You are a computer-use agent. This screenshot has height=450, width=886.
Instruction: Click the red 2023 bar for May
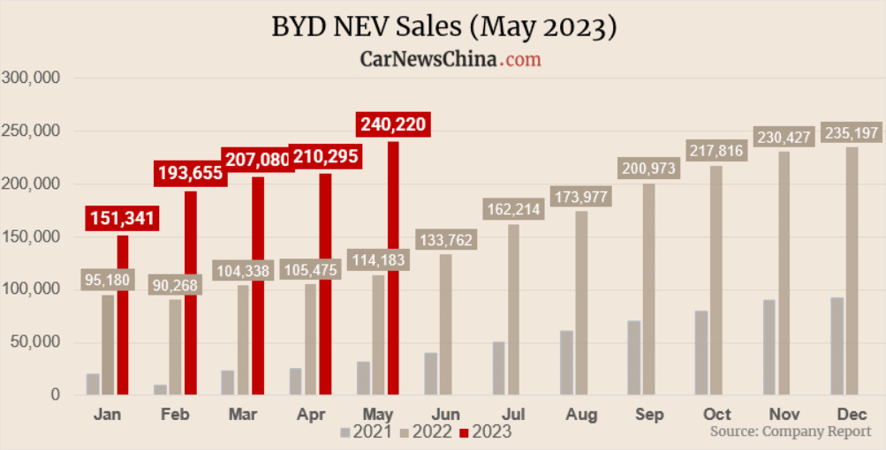coord(393,268)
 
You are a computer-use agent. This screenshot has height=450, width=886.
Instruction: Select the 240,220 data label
coord(393,124)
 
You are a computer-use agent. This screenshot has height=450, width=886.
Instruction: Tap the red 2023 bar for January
coord(123,315)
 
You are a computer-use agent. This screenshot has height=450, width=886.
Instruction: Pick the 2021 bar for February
coord(160,389)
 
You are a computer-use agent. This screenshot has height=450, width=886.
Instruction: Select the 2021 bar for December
coord(837,346)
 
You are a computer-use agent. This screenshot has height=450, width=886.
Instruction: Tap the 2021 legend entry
coord(367,432)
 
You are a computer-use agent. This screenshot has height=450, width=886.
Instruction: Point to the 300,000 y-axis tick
coord(31,78)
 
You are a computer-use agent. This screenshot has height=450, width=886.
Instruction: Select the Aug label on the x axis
coord(580,414)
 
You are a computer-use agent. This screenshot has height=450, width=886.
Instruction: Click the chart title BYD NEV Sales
coord(443,26)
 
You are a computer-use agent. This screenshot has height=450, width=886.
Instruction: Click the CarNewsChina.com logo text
coord(451,59)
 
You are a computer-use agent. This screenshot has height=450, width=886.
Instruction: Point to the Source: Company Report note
coord(791,431)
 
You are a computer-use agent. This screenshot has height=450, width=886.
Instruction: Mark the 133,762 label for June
coord(446,240)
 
